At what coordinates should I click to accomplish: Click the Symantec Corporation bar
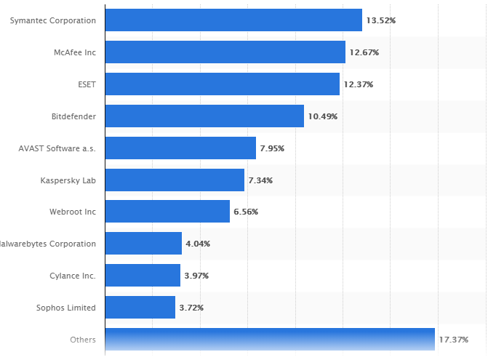(233, 20)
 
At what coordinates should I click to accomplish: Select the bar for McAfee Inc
(225, 52)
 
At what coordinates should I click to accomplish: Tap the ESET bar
(223, 84)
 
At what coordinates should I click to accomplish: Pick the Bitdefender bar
(204, 116)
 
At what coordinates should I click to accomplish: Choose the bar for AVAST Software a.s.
(180, 148)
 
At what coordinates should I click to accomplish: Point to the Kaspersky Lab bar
(175, 180)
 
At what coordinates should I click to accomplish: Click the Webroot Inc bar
(167, 212)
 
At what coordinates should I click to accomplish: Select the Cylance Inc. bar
(143, 276)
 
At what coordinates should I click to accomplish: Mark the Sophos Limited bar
(140, 308)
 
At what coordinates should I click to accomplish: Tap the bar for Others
(270, 340)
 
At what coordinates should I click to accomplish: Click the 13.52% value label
(381, 20)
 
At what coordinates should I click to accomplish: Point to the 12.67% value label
(364, 52)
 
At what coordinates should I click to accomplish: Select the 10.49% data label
(323, 116)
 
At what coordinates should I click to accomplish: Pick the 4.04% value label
(198, 244)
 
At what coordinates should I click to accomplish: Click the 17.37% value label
(454, 340)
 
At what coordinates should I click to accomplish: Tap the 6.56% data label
(246, 212)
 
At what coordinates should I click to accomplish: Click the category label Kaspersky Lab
(68, 180)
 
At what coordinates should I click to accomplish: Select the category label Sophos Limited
(66, 308)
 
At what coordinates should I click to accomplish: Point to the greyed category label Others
(83, 340)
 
